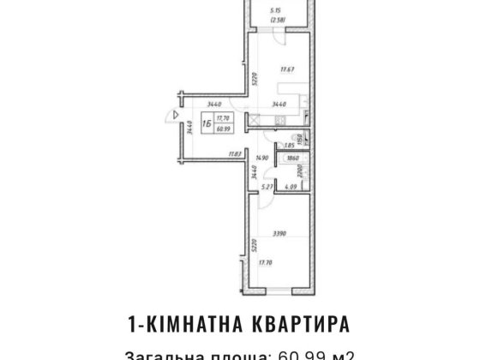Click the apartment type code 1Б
coord(207,123)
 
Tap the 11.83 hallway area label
coord(233,154)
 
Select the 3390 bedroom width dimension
coord(275,231)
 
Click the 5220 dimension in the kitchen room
coord(255,81)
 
